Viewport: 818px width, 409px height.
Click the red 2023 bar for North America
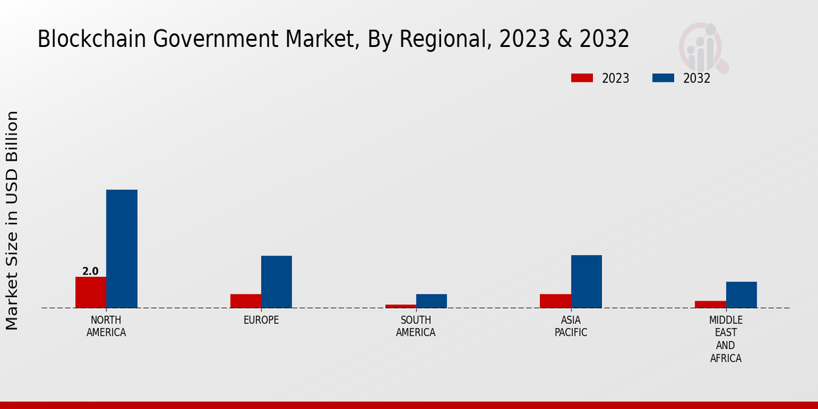click(x=91, y=292)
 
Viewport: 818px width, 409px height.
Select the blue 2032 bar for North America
click(x=121, y=249)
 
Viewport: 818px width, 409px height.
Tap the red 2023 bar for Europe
click(x=245, y=301)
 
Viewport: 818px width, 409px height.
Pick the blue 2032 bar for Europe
click(x=276, y=282)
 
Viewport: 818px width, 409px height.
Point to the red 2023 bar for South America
click(x=400, y=306)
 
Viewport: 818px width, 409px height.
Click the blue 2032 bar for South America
click(x=431, y=301)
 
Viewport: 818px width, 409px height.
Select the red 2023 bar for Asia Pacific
click(x=555, y=301)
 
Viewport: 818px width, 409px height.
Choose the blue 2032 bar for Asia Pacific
click(x=586, y=282)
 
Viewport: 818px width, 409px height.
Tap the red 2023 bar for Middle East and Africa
click(x=710, y=304)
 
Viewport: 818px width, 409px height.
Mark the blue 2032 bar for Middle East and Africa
click(x=741, y=294)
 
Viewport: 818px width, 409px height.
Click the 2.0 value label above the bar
click(x=91, y=271)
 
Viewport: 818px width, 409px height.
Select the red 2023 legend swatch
click(x=581, y=78)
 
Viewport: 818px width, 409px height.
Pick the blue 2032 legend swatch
click(x=663, y=78)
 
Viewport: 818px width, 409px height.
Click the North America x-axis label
click(x=106, y=327)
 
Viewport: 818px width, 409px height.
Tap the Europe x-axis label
click(x=261, y=320)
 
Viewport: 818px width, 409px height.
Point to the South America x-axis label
click(x=416, y=327)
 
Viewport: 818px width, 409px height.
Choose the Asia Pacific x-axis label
click(x=571, y=327)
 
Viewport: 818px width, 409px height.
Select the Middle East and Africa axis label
click(x=725, y=339)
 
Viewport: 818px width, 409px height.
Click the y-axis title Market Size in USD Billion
click(x=12, y=220)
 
